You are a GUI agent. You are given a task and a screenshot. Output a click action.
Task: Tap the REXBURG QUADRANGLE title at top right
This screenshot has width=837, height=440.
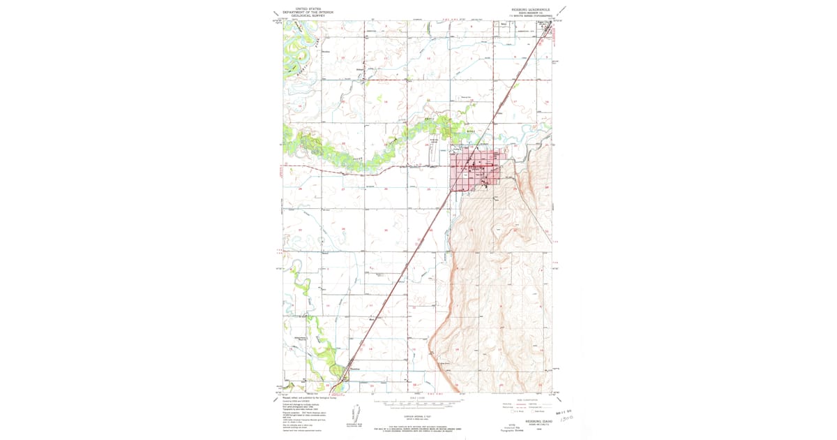click(531, 10)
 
